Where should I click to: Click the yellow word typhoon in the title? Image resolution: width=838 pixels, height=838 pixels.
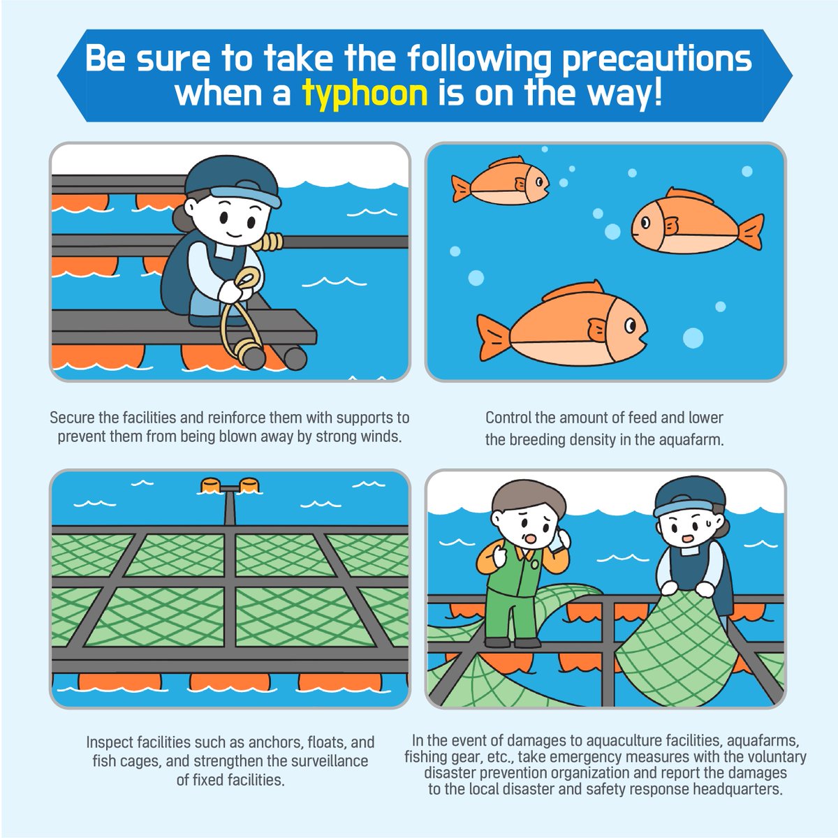(x=365, y=93)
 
